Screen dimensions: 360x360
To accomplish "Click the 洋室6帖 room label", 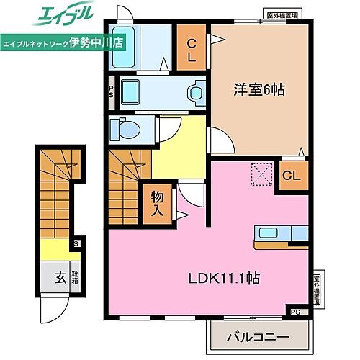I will click(x=258, y=91).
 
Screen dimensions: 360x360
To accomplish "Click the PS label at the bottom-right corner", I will click(x=295, y=312).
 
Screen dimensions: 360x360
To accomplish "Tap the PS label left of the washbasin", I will click(x=111, y=92).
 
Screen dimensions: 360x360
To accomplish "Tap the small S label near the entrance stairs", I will click(x=76, y=244).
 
